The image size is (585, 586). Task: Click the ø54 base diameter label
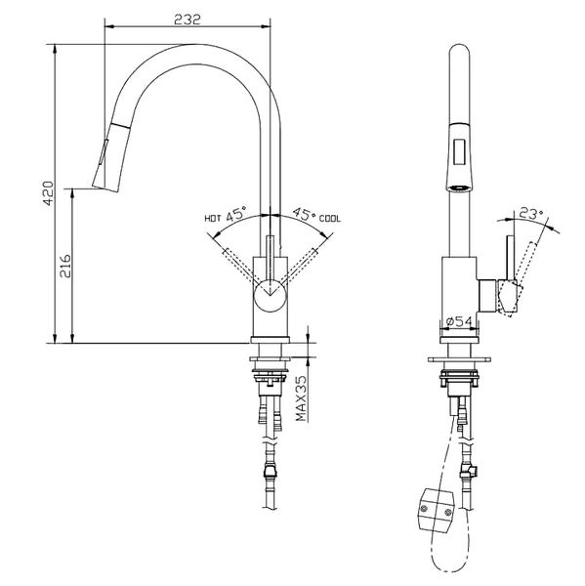click(458, 321)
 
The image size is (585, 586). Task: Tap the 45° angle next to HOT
click(237, 216)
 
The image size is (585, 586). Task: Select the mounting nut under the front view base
click(270, 376)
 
